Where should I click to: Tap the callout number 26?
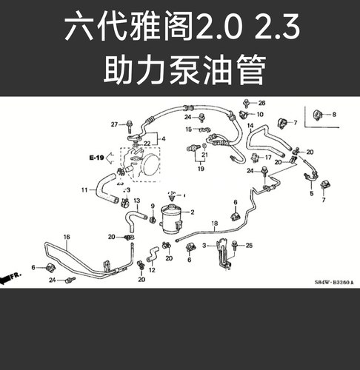click(x=261, y=102)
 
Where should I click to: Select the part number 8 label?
click(x=333, y=115)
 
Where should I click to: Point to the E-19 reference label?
click(x=98, y=158)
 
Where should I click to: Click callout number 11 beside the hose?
click(x=84, y=190)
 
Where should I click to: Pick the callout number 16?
click(x=66, y=237)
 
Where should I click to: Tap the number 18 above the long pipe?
click(x=215, y=223)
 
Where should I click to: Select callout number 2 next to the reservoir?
click(x=192, y=212)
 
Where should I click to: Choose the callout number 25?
click(x=250, y=245)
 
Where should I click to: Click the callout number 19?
click(x=200, y=169)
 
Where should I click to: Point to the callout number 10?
click(x=260, y=115)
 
